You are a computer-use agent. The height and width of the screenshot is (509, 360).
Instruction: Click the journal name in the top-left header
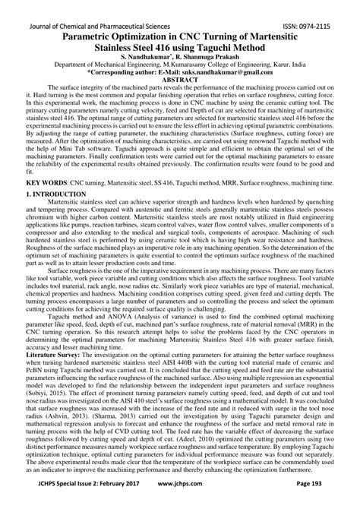click(89, 6)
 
